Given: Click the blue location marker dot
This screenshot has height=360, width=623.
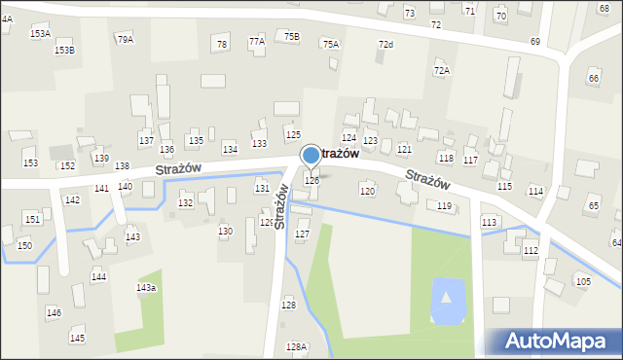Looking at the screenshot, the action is [x=311, y=154].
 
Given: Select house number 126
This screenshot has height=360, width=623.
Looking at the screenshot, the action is [x=311, y=180].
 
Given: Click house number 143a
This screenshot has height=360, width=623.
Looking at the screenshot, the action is [x=146, y=288].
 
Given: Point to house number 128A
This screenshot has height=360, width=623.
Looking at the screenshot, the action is [x=296, y=346].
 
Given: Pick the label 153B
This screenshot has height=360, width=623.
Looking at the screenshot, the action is [x=64, y=50].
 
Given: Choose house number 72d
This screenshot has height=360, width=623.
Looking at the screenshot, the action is [x=385, y=45].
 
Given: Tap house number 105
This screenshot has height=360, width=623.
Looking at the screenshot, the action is [x=582, y=281].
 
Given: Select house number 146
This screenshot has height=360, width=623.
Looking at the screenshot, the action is [x=54, y=312].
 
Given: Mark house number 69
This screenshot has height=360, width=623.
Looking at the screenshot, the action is [x=534, y=42].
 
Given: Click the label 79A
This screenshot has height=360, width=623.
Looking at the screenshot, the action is [x=125, y=39].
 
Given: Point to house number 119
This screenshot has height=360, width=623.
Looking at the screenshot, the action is [x=444, y=205].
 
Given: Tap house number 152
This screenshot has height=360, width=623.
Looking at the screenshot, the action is [x=66, y=165].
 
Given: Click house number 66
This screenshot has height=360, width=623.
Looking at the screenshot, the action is [x=593, y=78].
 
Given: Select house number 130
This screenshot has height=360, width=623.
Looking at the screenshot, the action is [x=225, y=231].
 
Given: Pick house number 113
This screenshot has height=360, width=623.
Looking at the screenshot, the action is [x=489, y=223].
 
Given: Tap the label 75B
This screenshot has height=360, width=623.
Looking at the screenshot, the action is [x=292, y=36].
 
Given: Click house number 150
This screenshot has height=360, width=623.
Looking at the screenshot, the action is [x=24, y=245].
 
